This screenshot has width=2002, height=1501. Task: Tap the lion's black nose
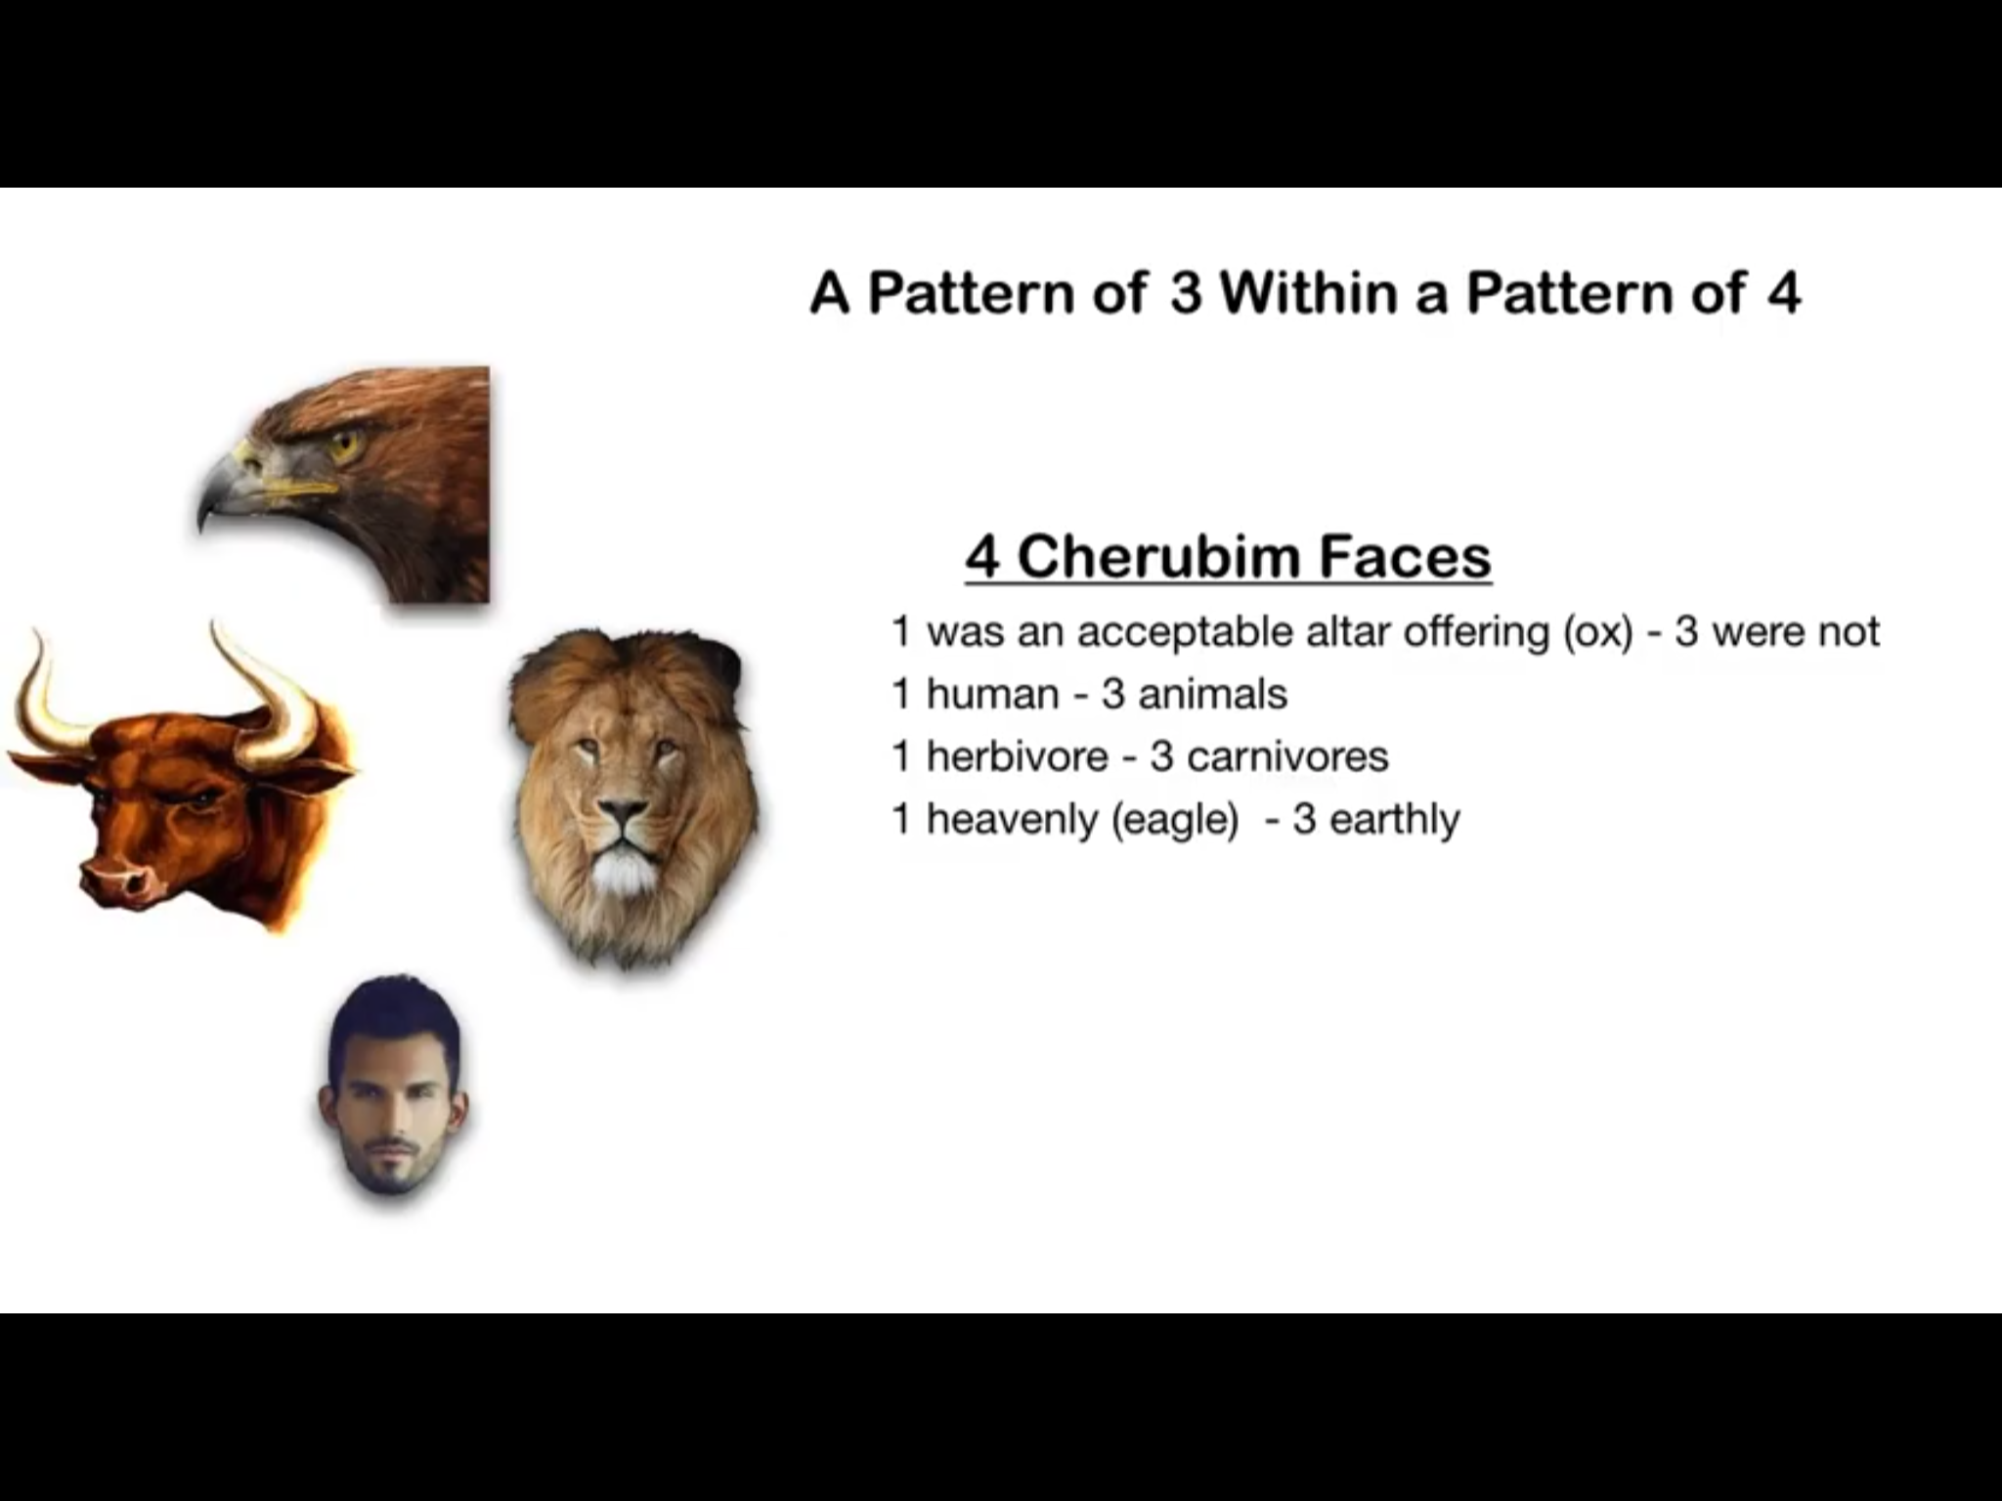pos(623,813)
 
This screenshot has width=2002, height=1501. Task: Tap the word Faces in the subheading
pos(1405,556)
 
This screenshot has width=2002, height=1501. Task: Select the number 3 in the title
pos(1186,293)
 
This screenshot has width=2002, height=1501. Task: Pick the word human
pos(992,695)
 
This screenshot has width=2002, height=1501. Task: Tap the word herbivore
pos(1017,756)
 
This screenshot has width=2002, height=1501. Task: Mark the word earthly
pos(1395,819)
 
